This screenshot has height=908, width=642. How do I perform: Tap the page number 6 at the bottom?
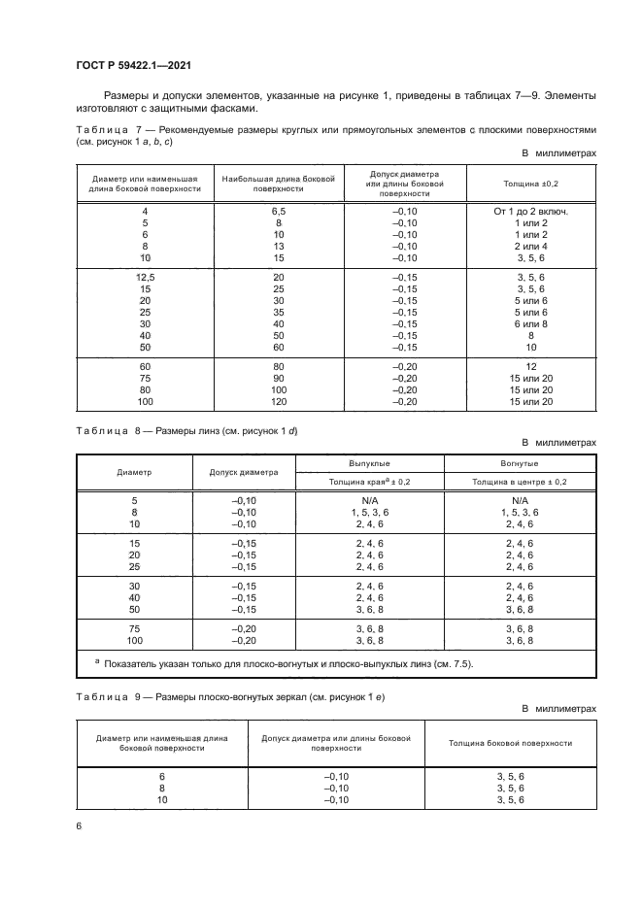[79, 825]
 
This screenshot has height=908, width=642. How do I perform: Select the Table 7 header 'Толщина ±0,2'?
[530, 183]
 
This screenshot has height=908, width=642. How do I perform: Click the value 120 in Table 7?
[279, 401]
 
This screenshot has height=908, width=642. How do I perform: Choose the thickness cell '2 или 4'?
[530, 247]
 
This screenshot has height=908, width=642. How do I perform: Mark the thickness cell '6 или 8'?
[530, 323]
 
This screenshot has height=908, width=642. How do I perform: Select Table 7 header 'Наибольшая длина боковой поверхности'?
[279, 184]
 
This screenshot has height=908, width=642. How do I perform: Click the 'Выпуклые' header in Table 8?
[369, 464]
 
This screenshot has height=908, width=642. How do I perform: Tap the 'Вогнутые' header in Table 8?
[519, 464]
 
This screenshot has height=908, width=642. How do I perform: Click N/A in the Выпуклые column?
[369, 500]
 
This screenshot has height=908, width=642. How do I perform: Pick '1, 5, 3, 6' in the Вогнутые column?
[519, 512]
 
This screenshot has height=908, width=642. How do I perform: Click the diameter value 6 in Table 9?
[162, 777]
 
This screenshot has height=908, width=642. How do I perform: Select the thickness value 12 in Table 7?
[530, 366]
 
